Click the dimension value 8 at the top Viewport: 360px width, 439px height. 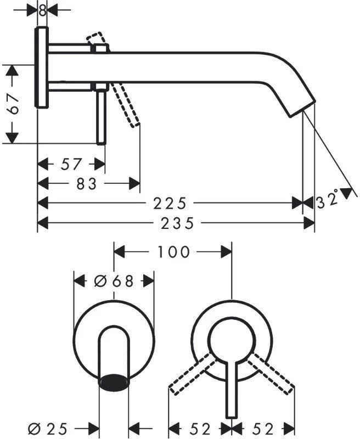(x=42, y=10)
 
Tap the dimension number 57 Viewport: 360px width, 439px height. (x=71, y=164)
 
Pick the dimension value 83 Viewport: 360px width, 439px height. (x=87, y=184)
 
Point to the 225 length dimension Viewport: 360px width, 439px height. (x=170, y=203)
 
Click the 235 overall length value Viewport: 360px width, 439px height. (x=177, y=223)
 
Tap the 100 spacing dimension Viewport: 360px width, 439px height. (x=173, y=252)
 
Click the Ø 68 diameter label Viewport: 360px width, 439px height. (x=114, y=281)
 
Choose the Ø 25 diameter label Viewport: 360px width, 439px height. (x=48, y=429)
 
